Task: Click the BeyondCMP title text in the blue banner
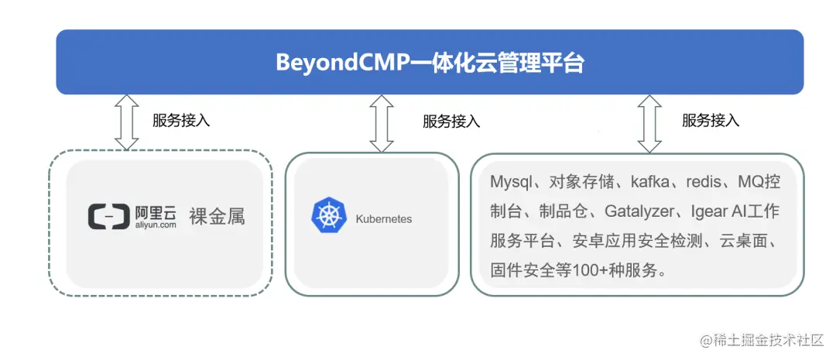430,63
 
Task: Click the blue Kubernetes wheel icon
328,218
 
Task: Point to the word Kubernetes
384,219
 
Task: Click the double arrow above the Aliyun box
126,122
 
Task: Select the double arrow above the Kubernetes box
382,123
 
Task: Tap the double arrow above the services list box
649,123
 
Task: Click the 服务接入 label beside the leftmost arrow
181,121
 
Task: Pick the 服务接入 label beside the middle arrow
451,122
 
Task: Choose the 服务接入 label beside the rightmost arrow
711,121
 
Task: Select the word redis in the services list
708,183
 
